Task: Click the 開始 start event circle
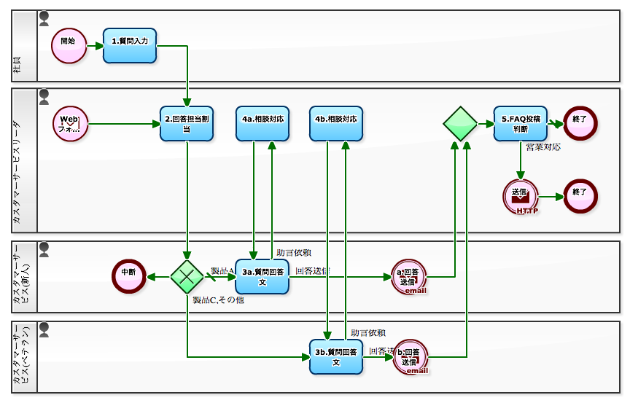click(69, 45)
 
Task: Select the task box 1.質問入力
click(130, 45)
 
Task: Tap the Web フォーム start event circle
click(70, 124)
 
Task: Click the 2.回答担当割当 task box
click(187, 124)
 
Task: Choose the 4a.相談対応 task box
click(262, 124)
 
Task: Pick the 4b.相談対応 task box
click(336, 124)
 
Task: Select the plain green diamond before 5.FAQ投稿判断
click(460, 124)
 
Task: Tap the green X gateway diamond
click(187, 276)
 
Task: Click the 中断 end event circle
click(129, 276)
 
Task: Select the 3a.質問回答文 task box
click(262, 276)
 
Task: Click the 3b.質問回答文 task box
click(336, 356)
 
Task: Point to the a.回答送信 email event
click(408, 276)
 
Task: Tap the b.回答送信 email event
click(411, 356)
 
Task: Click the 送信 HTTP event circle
click(521, 197)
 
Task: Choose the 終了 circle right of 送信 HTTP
click(580, 197)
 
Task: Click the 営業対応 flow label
click(543, 147)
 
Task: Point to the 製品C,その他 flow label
click(218, 300)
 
